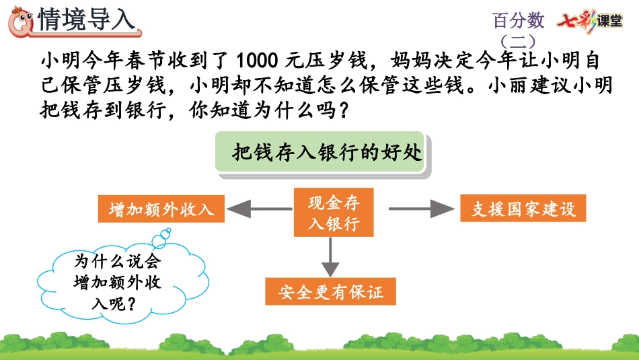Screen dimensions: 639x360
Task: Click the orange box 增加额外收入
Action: (161, 209)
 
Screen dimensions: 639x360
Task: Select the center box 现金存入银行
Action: (334, 212)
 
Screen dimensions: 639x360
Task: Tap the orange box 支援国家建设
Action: (523, 209)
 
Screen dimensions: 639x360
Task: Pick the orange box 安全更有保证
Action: (330, 291)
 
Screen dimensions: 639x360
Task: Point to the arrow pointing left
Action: (259, 209)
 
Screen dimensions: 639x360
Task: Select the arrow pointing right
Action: (421, 209)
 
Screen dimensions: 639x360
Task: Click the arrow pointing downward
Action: (330, 258)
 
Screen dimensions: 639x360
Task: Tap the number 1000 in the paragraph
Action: (257, 61)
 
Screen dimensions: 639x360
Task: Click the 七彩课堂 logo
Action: (589, 21)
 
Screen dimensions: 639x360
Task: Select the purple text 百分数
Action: (518, 20)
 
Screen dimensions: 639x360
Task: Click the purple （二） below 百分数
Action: (518, 41)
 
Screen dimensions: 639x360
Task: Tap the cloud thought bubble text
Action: (118, 282)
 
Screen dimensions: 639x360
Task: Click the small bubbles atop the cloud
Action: (161, 238)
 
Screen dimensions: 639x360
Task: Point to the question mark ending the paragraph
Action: (343, 110)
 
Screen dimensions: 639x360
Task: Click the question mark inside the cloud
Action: (130, 303)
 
